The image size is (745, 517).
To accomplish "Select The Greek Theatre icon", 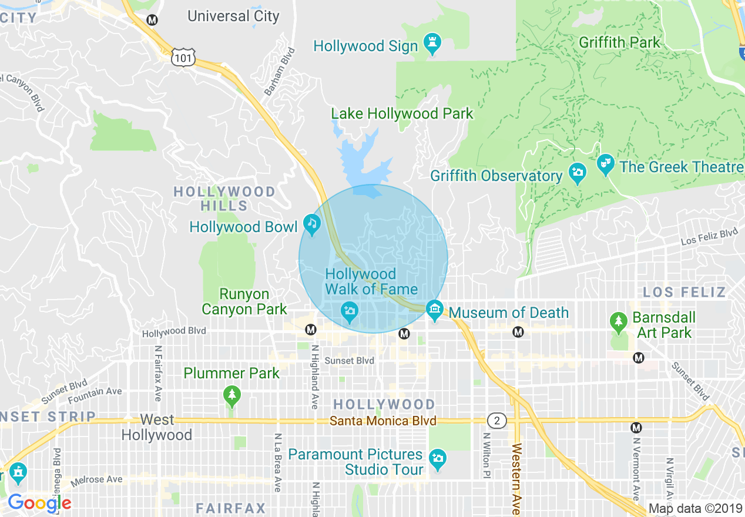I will coord(605,165).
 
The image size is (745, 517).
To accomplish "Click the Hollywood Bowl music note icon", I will coord(311,224).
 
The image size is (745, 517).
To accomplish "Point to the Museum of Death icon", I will coord(435,310).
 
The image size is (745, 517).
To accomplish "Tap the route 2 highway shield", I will coord(496,421).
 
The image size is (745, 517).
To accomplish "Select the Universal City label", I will coord(233,16).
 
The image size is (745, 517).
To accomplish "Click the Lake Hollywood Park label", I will coord(402,113).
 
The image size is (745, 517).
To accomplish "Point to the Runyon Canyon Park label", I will coord(244,301).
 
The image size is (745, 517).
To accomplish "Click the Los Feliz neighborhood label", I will coord(684,292).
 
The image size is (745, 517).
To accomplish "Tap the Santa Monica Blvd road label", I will coord(382,421).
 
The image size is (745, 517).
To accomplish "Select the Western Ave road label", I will coord(516,479).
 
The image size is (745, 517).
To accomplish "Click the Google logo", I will coord(39,503).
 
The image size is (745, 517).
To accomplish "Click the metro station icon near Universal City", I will coord(153,20).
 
